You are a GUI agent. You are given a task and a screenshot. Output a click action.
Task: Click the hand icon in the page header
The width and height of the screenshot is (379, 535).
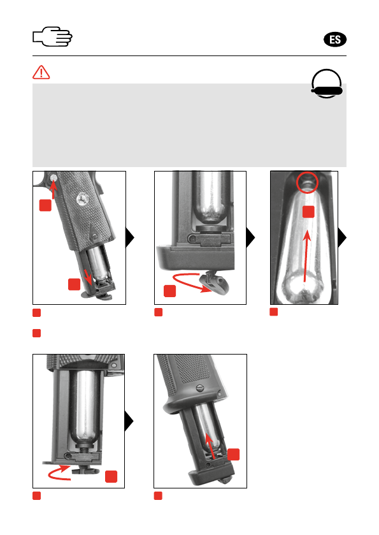pos(52,36)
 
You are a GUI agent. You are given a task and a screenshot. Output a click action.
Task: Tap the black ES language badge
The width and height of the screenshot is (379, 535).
pos(334,40)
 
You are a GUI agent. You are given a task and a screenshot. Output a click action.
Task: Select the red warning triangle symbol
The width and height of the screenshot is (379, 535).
pos(41,72)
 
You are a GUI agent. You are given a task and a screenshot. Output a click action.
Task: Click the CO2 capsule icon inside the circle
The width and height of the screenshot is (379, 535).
pos(327,91)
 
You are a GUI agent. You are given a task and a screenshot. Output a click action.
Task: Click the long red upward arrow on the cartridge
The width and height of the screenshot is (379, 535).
pos(306,256)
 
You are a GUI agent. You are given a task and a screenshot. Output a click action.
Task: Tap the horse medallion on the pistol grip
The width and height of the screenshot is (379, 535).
pos(82,198)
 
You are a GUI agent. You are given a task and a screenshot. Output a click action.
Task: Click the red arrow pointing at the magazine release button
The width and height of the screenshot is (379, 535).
pos(53,189)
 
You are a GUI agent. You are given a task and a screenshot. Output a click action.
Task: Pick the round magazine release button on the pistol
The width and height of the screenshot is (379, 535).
pos(53,177)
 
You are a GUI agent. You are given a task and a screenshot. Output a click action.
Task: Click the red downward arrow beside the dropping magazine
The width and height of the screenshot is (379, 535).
pos(89,277)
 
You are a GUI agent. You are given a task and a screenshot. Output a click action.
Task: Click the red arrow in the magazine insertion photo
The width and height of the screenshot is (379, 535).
pos(211,446)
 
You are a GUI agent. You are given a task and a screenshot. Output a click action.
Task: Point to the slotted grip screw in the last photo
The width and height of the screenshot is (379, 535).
pos(199,388)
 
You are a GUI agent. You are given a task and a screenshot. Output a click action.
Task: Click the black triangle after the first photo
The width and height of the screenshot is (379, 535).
pos(130,237)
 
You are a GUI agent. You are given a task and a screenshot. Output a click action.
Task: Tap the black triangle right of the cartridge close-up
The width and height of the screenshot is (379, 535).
pos(342,237)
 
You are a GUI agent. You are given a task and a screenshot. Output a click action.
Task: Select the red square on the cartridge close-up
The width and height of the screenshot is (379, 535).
pos(308,212)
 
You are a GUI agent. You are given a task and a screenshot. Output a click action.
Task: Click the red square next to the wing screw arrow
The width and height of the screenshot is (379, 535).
pos(169,291)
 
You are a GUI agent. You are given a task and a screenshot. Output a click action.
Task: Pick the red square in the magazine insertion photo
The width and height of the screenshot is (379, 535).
pos(234,455)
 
